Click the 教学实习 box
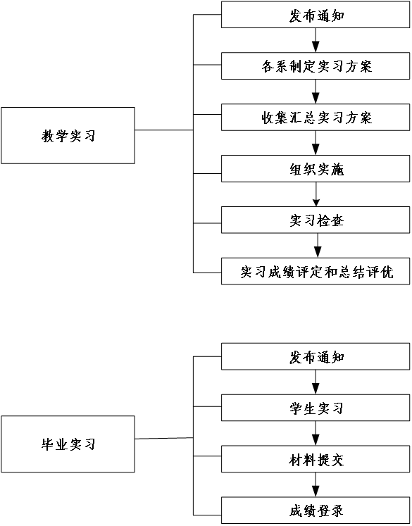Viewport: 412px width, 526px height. pyautogui.click(x=68, y=135)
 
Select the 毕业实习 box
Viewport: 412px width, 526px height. pyautogui.click(x=68, y=444)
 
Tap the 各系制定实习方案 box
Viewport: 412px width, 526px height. pyautogui.click(x=316, y=65)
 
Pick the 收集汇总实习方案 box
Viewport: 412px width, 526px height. pyautogui.click(x=316, y=117)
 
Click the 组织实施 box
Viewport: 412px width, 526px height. pyautogui.click(x=316, y=168)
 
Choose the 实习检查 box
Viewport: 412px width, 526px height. pyautogui.click(x=316, y=220)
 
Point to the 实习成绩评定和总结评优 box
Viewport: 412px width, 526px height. pyautogui.click(x=316, y=271)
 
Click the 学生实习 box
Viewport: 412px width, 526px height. pyautogui.click(x=316, y=408)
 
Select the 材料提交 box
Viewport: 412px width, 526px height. pyautogui.click(x=316, y=459)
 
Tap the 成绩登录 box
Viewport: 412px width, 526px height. pyautogui.click(x=316, y=511)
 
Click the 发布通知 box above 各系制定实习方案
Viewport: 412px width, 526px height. pyautogui.click(x=316, y=14)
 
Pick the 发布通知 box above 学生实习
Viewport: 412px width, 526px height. pyautogui.click(x=316, y=356)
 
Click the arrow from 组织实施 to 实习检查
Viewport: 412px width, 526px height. pyautogui.click(x=316, y=194)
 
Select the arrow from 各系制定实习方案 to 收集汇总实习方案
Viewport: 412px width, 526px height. pyautogui.click(x=316, y=92)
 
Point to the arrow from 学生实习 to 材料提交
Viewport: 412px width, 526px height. pyautogui.click(x=316, y=434)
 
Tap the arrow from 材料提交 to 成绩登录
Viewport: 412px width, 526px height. pyautogui.click(x=316, y=484)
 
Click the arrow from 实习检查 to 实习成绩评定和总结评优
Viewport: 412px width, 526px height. pyautogui.click(x=318, y=246)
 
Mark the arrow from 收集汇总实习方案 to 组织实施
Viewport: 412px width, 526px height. pyautogui.click(x=316, y=143)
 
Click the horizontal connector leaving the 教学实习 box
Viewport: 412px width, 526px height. pyautogui.click(x=164, y=130)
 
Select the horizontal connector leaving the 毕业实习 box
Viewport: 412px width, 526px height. pyautogui.click(x=164, y=438)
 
